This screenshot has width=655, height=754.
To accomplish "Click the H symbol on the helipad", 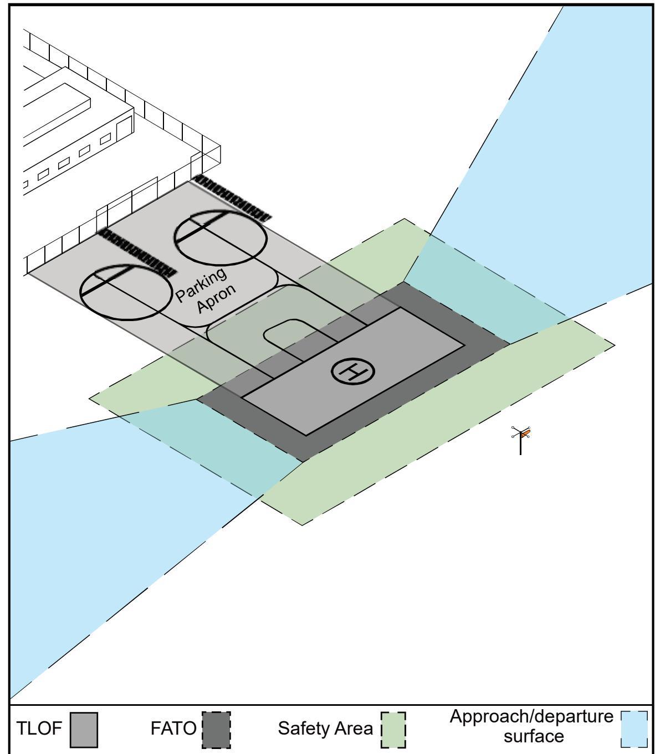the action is (352, 371).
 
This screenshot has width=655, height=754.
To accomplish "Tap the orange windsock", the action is (525, 433).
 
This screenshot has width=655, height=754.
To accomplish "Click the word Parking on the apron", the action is (201, 284).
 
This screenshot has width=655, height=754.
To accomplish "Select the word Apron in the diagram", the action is (216, 298).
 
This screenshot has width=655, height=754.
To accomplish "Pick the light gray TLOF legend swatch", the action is (84, 730).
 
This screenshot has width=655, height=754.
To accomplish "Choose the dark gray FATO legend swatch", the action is (216, 730).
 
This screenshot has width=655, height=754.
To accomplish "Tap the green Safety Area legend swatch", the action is (393, 730).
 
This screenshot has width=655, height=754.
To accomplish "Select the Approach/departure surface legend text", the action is (531, 726).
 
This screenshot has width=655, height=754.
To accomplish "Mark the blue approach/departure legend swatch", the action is (634, 729).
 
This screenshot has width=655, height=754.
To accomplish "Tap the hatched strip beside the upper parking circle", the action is (232, 198).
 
